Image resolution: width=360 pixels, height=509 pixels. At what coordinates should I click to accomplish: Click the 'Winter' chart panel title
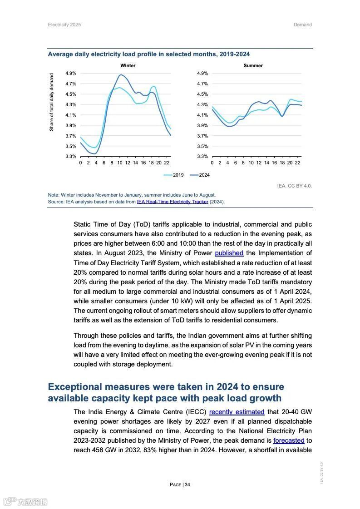pos(128,66)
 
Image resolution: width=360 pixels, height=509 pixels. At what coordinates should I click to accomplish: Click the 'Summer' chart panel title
pos(253,66)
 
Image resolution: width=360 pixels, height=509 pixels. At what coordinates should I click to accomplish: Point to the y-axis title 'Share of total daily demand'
pos(52,102)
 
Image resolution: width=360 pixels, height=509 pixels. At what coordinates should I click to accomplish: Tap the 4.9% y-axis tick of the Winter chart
pos(70,73)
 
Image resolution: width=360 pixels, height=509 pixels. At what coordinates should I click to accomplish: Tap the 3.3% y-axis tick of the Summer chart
pos(202,157)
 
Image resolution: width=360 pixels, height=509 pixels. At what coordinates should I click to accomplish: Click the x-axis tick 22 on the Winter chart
pos(167,163)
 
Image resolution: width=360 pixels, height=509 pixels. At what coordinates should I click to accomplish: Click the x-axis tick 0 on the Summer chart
pos(212,163)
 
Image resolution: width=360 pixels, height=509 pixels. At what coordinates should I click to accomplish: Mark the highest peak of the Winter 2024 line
pos(121,75)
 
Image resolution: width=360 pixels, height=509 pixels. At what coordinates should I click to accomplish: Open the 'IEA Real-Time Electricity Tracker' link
pos(173,202)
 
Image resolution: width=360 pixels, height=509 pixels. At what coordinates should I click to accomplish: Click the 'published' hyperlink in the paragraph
pos(229,253)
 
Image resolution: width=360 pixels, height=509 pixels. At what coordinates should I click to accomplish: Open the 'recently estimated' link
pos(237,412)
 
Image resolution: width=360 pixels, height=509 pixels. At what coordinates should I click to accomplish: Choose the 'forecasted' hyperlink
pos(288,440)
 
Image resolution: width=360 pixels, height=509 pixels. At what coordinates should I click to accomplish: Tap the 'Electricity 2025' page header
pos(64,25)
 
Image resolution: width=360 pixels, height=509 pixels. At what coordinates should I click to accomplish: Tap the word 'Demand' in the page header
pos(302,25)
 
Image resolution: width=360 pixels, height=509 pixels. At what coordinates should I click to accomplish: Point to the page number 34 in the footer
pos(187,485)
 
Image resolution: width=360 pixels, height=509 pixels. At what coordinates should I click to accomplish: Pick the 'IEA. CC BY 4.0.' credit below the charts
pos(294,186)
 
